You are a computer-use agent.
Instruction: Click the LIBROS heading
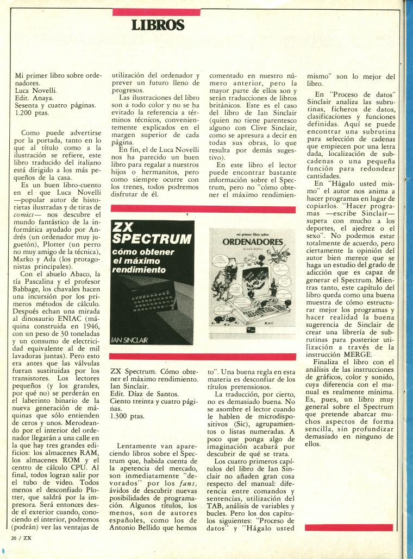coord(158,25)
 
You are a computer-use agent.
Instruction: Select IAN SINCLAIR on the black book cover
coord(131,340)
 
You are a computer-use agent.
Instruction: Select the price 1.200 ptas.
coord(33,115)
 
